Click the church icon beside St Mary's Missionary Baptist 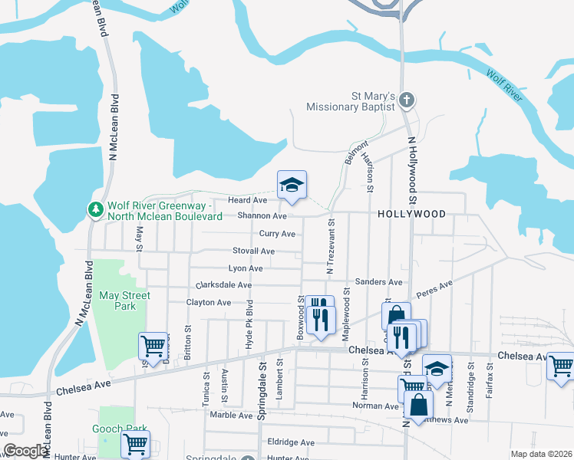(407, 100)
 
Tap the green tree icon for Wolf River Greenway (96, 209)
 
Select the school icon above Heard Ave (292, 185)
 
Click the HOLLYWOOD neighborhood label (411, 215)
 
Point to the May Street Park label (124, 301)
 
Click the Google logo (25, 451)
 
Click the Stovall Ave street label (253, 251)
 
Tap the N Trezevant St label (331, 247)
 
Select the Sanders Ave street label (379, 282)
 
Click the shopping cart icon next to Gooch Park (135, 442)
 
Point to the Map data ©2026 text (541, 454)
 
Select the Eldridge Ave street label (291, 442)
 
